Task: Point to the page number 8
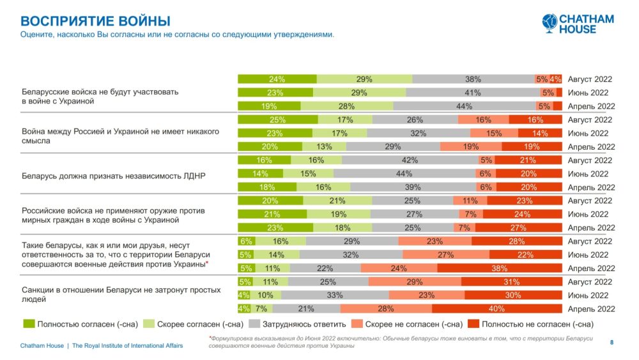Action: (612, 343)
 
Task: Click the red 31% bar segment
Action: (511, 282)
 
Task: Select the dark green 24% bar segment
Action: (277, 79)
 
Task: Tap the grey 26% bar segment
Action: (415, 120)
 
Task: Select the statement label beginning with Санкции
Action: (121, 294)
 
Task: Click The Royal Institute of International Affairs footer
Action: (127, 346)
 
